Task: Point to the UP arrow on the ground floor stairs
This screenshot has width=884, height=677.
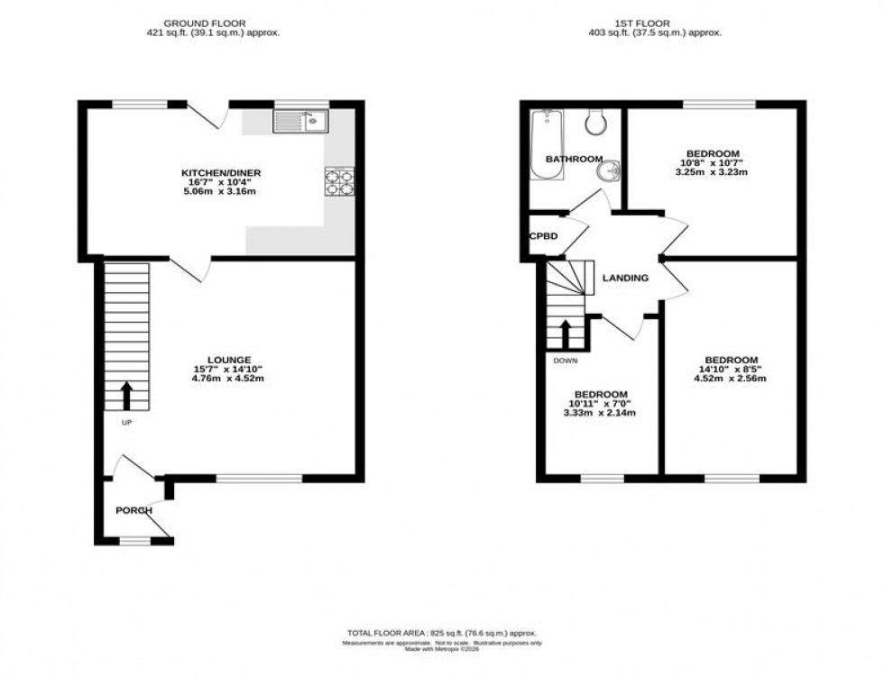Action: (125, 394)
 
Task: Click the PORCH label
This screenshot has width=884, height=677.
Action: (134, 510)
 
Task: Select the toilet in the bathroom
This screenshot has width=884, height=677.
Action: (595, 121)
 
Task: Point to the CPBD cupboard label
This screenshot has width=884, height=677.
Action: (543, 236)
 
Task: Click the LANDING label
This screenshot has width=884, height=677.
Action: (626, 278)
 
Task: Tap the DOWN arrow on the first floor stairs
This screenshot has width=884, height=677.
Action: (566, 334)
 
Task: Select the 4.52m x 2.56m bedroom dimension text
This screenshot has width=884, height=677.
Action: (732, 378)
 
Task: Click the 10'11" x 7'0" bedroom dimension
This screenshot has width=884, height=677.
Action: (602, 404)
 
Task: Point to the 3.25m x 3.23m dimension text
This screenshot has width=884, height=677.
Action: (713, 171)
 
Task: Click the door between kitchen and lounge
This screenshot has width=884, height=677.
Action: (189, 265)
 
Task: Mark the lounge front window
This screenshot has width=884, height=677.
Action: (259, 479)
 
